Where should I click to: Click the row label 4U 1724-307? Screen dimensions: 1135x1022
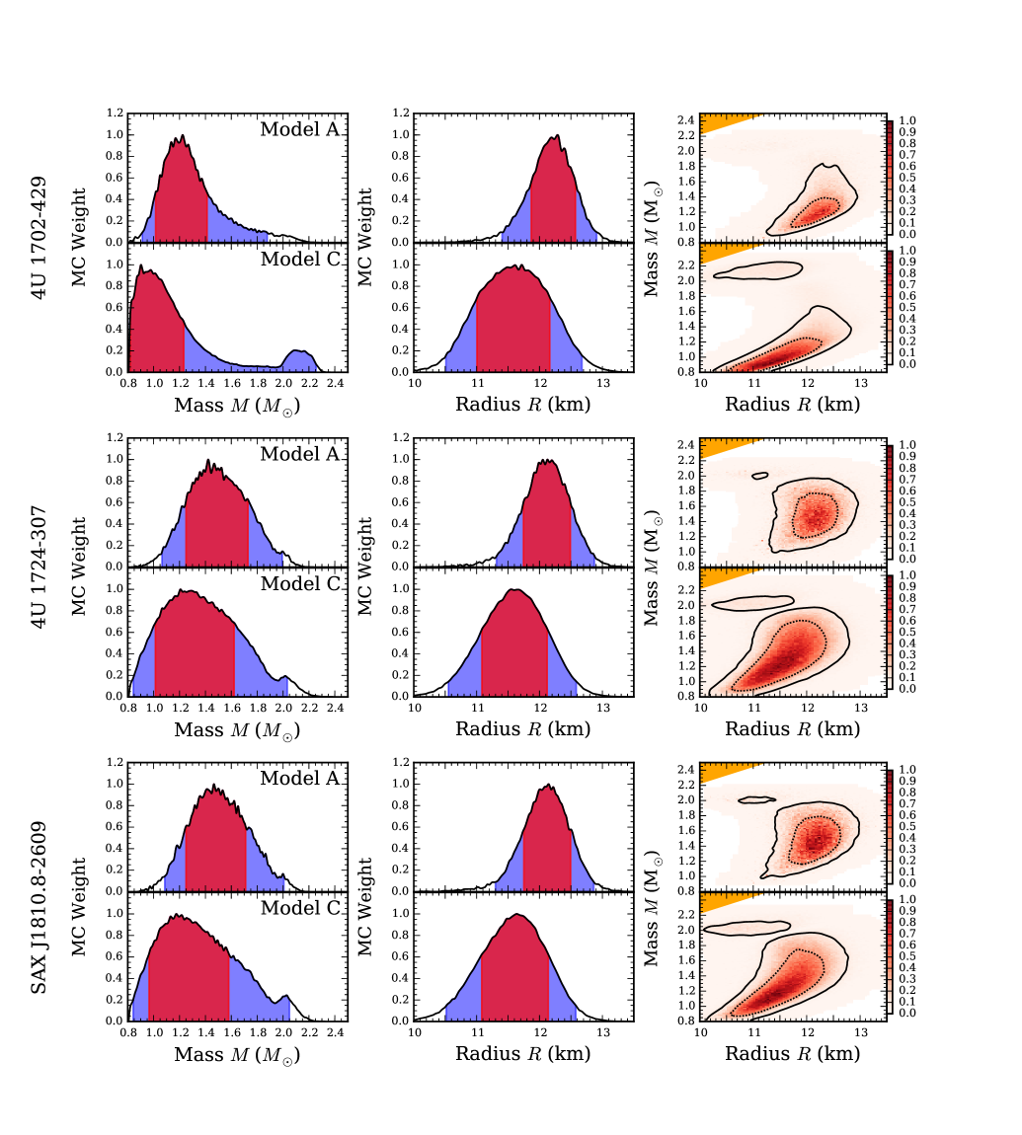tap(39, 566)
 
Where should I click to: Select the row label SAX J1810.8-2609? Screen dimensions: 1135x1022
tap(39, 890)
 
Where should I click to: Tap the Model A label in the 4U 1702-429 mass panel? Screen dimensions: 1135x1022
tap(299, 129)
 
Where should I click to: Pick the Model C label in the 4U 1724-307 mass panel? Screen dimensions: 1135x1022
tap(299, 583)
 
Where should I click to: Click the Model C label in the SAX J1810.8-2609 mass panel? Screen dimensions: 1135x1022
tap(299, 908)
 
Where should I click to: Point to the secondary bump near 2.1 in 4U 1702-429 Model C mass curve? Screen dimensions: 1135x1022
tap(299, 353)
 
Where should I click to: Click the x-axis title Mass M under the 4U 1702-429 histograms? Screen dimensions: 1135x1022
tap(237, 405)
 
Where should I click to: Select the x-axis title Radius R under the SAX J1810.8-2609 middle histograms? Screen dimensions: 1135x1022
tap(522, 1054)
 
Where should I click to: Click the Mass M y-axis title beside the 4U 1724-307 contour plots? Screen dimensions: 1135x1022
tap(653, 566)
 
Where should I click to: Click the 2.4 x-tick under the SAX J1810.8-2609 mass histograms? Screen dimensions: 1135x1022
tap(336, 1031)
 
